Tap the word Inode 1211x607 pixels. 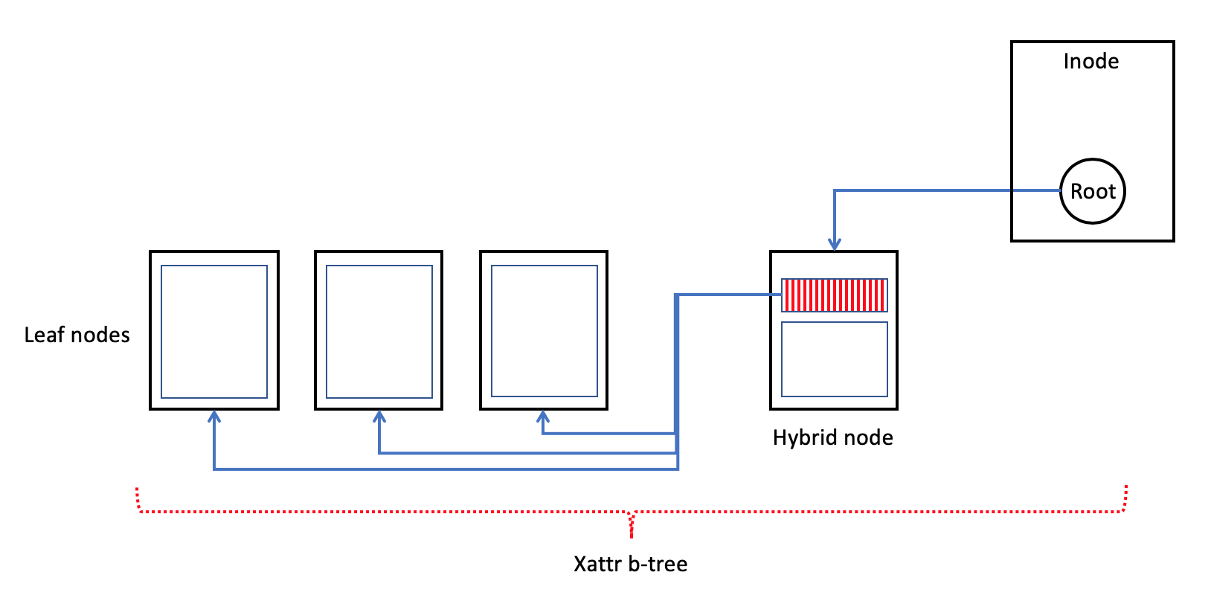pyautogui.click(x=1090, y=61)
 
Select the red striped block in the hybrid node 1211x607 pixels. pyautogui.click(x=834, y=295)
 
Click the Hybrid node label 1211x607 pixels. pyautogui.click(x=832, y=437)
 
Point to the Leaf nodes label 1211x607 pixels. pyautogui.click(x=77, y=335)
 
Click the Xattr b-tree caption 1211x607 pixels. pyautogui.click(x=630, y=564)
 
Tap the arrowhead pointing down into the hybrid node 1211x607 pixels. pyautogui.click(x=835, y=245)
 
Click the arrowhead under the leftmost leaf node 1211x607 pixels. pyautogui.click(x=214, y=417)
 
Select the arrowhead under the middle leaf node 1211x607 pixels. pyautogui.click(x=379, y=417)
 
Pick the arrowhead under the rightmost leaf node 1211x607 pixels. pyautogui.click(x=543, y=417)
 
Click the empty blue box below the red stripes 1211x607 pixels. pyautogui.click(x=834, y=359)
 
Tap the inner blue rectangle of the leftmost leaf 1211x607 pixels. pyautogui.click(x=214, y=332)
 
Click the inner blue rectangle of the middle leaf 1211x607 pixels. pyautogui.click(x=379, y=332)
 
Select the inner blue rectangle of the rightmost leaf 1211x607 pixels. pyautogui.click(x=545, y=331)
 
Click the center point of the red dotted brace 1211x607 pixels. pyautogui.click(x=632, y=521)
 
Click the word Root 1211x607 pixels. pyautogui.click(x=1093, y=192)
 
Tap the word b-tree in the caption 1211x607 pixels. pyautogui.click(x=658, y=564)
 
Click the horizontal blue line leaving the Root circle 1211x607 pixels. pyautogui.click(x=945, y=190)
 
